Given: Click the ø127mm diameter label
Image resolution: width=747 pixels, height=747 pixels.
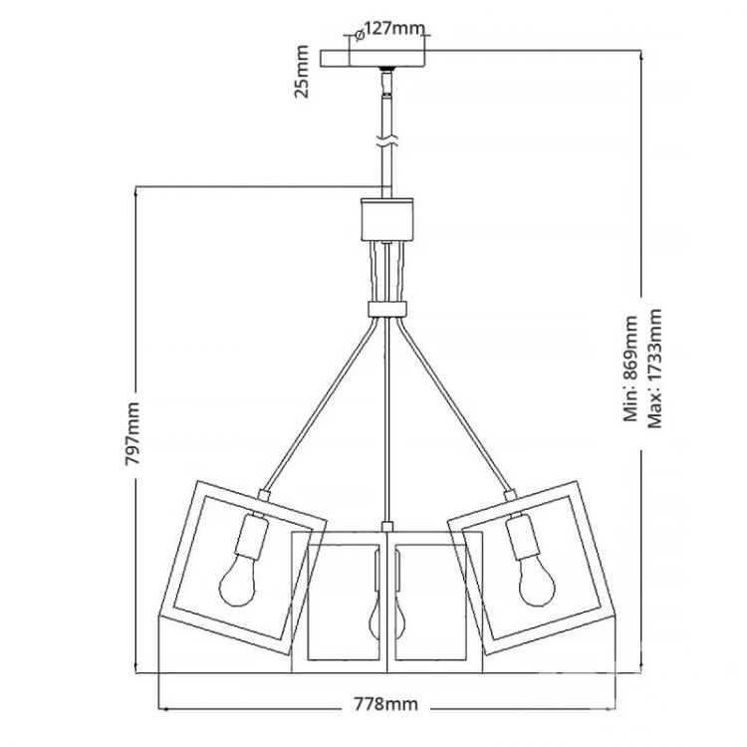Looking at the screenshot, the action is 389,31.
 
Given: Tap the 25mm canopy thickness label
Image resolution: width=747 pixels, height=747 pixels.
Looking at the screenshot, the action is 302,72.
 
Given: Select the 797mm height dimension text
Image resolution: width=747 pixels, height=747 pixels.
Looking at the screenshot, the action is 131,434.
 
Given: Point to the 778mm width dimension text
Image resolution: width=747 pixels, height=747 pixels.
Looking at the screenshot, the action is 385,703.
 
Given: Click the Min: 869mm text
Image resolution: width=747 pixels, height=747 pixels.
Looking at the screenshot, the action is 630,369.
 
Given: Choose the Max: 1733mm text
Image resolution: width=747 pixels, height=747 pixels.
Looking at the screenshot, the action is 655,369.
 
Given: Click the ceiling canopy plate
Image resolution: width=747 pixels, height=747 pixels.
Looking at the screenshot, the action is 373,59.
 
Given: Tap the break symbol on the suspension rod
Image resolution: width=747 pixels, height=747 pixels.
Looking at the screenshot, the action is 386,141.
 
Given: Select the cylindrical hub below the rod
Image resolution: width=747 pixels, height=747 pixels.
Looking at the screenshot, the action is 386,219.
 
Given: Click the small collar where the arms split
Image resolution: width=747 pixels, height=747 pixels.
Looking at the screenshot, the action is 387,309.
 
